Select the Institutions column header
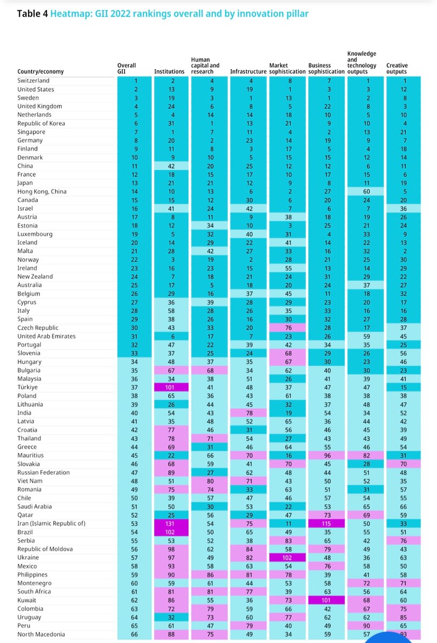pyautogui.click(x=169, y=71)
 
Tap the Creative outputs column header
pyautogui.click(x=397, y=68)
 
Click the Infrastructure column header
pyautogui.click(x=247, y=71)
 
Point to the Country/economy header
pyautogui.click(x=40, y=71)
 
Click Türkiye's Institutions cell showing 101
pyautogui.click(x=169, y=387)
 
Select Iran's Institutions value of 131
pyautogui.click(x=169, y=524)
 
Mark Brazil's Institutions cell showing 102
pyautogui.click(x=169, y=532)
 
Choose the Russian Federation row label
pyautogui.click(x=43, y=473)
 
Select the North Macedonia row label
pyautogui.click(x=41, y=634)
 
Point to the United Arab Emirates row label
pyautogui.click(x=46, y=337)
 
